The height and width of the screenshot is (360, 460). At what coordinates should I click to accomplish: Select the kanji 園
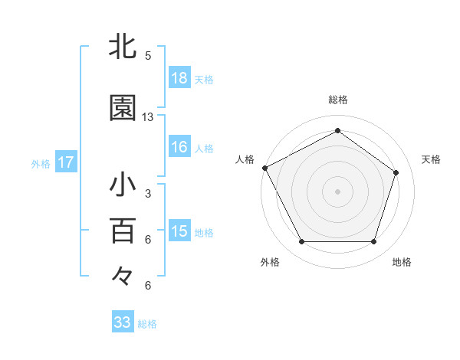pyautogui.click(x=123, y=109)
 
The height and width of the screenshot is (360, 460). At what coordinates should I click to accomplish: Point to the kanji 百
pyautogui.click(x=123, y=230)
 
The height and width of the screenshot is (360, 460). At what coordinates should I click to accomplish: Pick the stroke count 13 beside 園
pyautogui.click(x=148, y=117)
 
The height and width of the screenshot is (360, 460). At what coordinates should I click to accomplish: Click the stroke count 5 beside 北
pyautogui.click(x=148, y=56)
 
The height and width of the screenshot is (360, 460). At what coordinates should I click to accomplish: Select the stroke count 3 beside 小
pyautogui.click(x=148, y=194)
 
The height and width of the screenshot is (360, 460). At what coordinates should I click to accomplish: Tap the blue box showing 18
pyautogui.click(x=179, y=77)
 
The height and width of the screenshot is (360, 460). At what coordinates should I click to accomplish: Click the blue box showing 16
pyautogui.click(x=179, y=147)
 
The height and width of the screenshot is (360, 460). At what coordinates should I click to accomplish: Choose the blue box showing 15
pyautogui.click(x=179, y=231)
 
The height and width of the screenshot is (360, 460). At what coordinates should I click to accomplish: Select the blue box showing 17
pyautogui.click(x=66, y=162)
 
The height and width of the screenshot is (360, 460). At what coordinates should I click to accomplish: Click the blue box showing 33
pyautogui.click(x=123, y=322)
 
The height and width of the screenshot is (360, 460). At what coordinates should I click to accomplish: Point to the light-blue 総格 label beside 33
pyautogui.click(x=147, y=324)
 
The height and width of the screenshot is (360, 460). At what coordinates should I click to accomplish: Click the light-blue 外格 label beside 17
pyautogui.click(x=41, y=163)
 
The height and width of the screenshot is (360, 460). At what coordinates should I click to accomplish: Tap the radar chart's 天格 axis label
pyautogui.click(x=431, y=159)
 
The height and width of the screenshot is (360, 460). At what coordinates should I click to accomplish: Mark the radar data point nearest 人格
pyautogui.click(x=264, y=168)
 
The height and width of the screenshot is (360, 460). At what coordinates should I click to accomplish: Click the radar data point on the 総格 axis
pyautogui.click(x=337, y=131)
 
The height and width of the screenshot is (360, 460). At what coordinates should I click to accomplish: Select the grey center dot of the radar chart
pyautogui.click(x=337, y=191)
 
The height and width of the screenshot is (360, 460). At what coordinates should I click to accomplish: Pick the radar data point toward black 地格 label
pyautogui.click(x=373, y=242)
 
